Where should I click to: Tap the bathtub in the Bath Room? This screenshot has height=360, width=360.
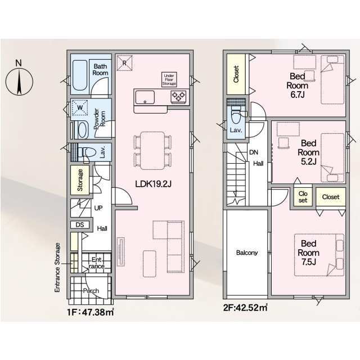pyautogui.click(x=80, y=75)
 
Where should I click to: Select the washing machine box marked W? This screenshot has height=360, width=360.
pyautogui.click(x=80, y=107)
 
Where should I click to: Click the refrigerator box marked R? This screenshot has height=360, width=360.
pyautogui.click(x=124, y=63)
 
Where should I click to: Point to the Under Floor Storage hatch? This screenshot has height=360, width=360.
pyautogui.click(x=169, y=79)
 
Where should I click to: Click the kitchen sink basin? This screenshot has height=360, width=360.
pyautogui.click(x=145, y=97)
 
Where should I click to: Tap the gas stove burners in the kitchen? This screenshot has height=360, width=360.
pyautogui.click(x=178, y=97)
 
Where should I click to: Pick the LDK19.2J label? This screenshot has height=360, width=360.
pyautogui.click(x=153, y=184)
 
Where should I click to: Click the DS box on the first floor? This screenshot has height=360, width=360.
pyautogui.click(x=80, y=224)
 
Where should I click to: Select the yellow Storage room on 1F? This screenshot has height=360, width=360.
pyautogui.click(x=80, y=180)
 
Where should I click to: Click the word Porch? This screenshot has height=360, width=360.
pyautogui.click(x=91, y=291)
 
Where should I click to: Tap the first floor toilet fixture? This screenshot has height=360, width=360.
pyautogui.click(x=87, y=152)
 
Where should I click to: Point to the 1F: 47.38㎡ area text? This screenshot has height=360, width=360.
pyautogui.click(x=91, y=312)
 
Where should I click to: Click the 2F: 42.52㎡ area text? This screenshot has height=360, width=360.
pyautogui.click(x=245, y=308)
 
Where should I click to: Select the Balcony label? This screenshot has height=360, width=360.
pyautogui.click(x=247, y=253)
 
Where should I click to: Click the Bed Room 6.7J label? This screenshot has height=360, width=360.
pyautogui.click(x=298, y=85)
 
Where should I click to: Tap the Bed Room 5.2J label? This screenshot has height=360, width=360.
pyautogui.click(x=309, y=152)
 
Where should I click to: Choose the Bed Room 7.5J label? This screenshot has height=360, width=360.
pyautogui.click(x=309, y=253)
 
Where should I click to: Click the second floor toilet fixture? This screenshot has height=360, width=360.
pyautogui.click(x=236, y=115)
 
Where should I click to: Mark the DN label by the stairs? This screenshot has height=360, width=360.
pyautogui.click(x=254, y=152)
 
